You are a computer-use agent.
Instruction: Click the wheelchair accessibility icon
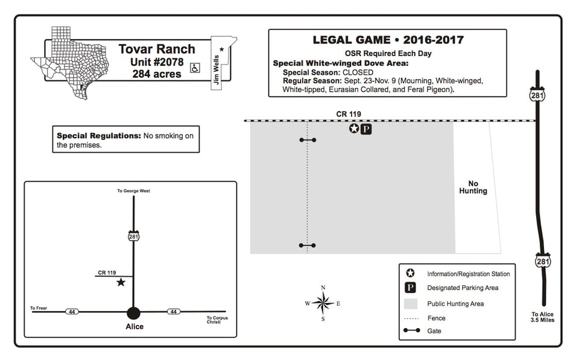(x=195, y=68)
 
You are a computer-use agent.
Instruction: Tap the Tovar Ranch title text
(x=157, y=49)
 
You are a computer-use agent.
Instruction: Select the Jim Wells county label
(x=217, y=70)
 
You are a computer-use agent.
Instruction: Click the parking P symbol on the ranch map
(x=366, y=129)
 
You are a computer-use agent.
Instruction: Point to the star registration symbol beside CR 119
(x=354, y=128)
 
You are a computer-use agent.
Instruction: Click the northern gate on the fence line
(x=308, y=140)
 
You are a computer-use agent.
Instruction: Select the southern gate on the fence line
(x=307, y=245)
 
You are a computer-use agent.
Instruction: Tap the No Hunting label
(x=473, y=187)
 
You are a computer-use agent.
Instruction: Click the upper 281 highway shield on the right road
(x=537, y=95)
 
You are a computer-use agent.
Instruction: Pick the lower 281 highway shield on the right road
(x=543, y=261)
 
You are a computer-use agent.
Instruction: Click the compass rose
(x=323, y=303)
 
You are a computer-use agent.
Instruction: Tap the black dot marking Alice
(x=133, y=313)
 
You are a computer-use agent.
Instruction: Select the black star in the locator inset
(x=121, y=282)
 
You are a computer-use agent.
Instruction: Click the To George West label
(x=134, y=191)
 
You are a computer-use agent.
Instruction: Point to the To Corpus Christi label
(x=217, y=320)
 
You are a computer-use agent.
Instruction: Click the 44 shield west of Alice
(x=72, y=312)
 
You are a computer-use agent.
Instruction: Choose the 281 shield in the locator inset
(x=134, y=236)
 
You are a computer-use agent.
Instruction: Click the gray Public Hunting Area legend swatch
(x=411, y=303)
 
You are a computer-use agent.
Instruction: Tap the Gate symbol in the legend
(x=411, y=330)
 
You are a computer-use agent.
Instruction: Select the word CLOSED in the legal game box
(x=358, y=72)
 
